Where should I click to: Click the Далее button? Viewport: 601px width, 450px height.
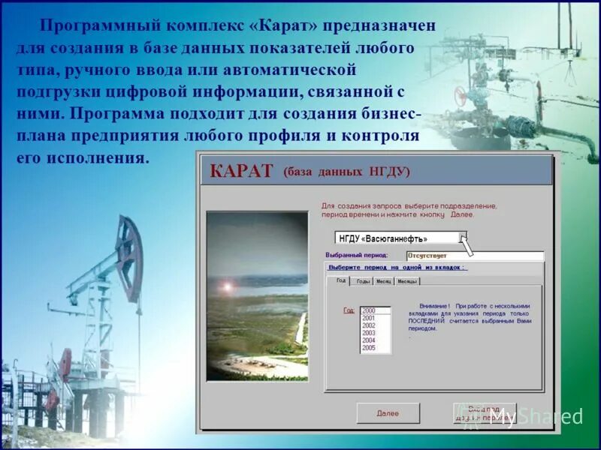point(388,413)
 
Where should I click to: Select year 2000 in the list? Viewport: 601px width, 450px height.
point(368,310)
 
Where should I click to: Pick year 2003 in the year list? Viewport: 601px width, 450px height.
point(368,333)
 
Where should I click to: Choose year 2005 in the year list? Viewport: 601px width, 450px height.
point(368,348)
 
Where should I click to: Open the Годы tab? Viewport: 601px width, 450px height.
point(363,281)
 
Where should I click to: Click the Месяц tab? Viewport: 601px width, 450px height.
point(384,281)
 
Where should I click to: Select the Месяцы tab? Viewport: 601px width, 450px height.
point(407,281)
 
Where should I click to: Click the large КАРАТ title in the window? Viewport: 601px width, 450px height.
point(240,171)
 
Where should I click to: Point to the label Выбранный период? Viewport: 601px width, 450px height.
point(357,255)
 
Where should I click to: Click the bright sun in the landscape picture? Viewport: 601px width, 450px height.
point(226,287)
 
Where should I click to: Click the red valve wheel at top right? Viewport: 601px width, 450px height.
point(461,98)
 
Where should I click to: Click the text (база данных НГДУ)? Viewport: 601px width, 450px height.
point(346,172)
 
